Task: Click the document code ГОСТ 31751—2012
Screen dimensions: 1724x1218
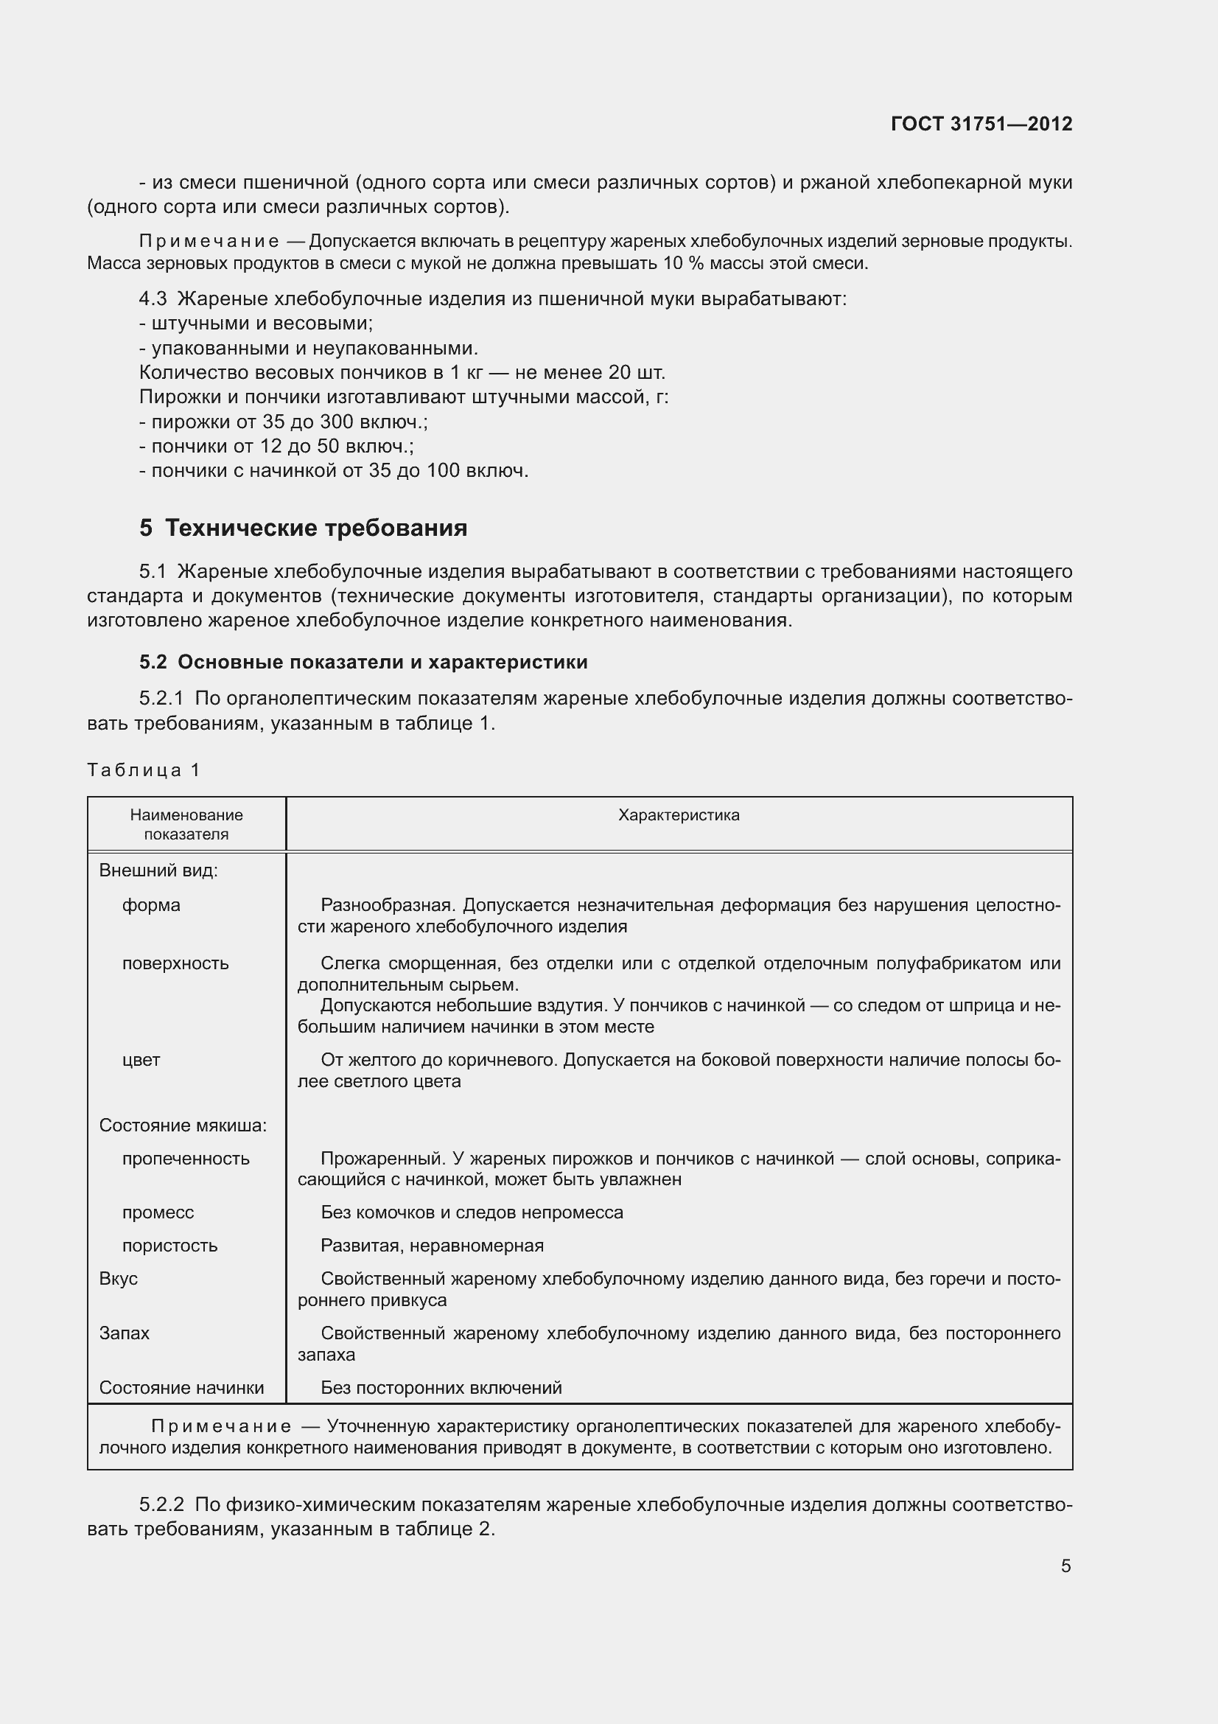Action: coord(981,124)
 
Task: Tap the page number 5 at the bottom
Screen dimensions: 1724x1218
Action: coord(1065,1566)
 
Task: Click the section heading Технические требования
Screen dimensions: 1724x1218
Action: coord(316,528)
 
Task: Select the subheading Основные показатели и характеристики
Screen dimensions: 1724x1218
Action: coord(382,661)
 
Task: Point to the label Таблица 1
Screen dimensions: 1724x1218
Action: coord(144,769)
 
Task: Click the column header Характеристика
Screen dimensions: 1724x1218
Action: coord(679,815)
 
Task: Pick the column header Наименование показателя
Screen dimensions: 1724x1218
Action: coord(186,825)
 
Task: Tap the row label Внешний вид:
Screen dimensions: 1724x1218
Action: coord(158,870)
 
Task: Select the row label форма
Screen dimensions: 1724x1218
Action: coord(151,905)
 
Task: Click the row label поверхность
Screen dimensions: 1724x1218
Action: coord(175,963)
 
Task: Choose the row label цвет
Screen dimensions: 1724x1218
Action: coord(141,1059)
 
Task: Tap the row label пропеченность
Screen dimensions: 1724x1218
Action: coord(186,1158)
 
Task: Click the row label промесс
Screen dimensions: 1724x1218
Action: coord(158,1212)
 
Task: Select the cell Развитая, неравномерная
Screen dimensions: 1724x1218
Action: coord(432,1245)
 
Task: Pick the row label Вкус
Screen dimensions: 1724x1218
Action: coord(119,1278)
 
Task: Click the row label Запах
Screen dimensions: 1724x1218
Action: coord(124,1333)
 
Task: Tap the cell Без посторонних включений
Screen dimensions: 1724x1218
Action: coord(441,1388)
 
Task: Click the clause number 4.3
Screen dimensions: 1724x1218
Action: coord(153,299)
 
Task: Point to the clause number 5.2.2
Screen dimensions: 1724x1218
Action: coord(161,1505)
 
